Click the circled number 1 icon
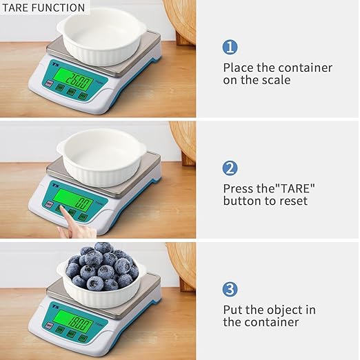pyautogui.click(x=230, y=47)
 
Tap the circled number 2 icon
pyautogui.click(x=230, y=168)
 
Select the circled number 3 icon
pyautogui.click(x=230, y=289)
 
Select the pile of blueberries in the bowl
pyautogui.click(x=102, y=267)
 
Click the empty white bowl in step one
pyautogui.click(x=101, y=37)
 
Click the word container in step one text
pyautogui.click(x=305, y=68)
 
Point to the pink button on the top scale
pyautogui.click(x=49, y=83)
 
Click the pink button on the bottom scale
pyautogui.click(x=49, y=326)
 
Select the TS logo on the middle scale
pyautogui.click(x=55, y=185)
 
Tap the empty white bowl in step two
pyautogui.click(x=101, y=157)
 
